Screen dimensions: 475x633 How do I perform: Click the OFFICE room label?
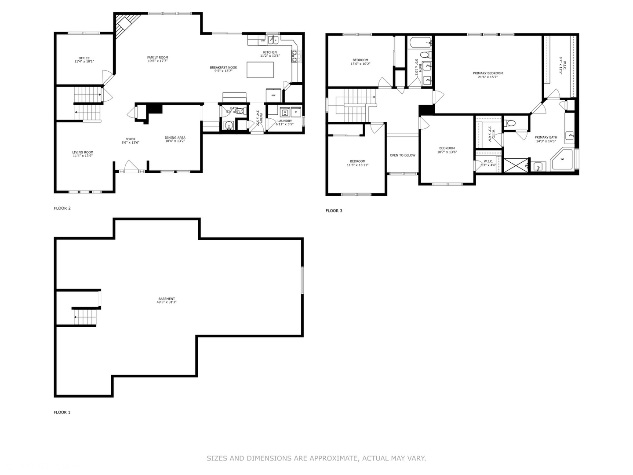pos(84,58)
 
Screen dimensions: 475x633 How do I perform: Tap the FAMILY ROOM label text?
pos(157,58)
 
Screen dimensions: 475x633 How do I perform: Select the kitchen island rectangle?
pos(260,70)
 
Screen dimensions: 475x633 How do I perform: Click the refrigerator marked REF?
pos(273,95)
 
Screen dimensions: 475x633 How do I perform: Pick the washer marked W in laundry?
pos(285,112)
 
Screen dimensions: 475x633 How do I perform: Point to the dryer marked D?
pos(296,112)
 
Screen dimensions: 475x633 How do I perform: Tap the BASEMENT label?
pos(167,299)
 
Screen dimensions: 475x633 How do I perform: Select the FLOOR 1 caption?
pos(62,413)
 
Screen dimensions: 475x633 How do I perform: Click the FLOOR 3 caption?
pos(334,211)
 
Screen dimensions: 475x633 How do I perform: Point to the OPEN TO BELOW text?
pos(402,155)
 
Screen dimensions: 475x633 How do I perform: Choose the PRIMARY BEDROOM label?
pos(487,73)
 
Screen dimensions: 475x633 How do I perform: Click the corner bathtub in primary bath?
pos(563,160)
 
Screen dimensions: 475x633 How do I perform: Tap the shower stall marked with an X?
pos(516,165)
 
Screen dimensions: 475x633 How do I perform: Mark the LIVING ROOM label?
pos(83,153)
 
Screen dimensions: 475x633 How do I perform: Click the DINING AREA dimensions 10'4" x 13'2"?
pos(175,141)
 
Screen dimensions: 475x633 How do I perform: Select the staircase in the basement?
pos(84,317)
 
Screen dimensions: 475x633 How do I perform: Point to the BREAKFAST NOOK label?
pos(223,67)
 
